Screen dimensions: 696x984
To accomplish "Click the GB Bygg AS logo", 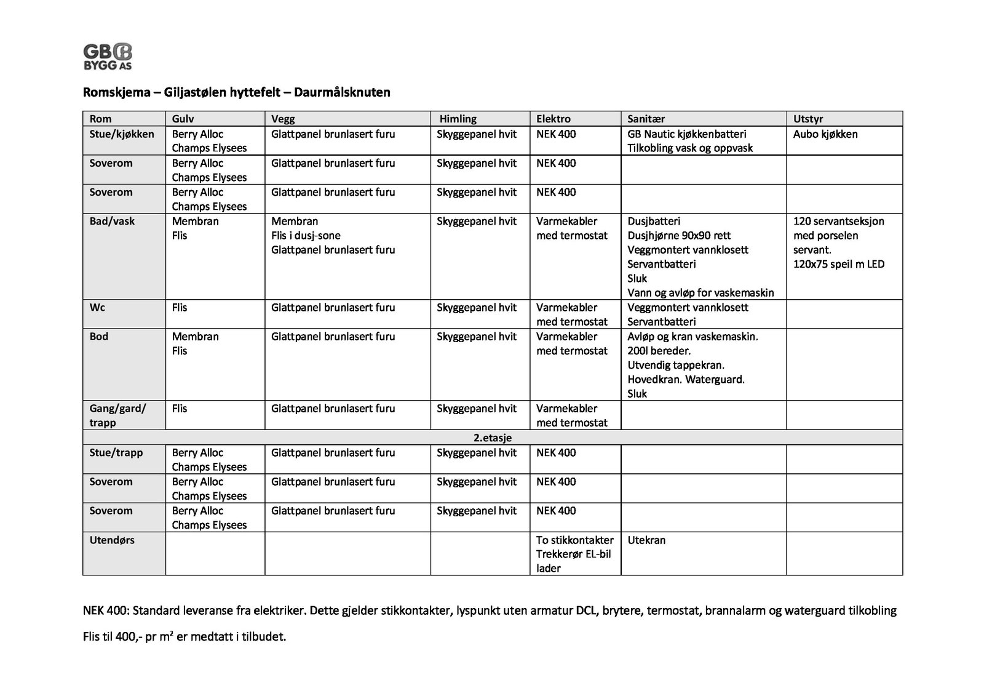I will click(x=108, y=57).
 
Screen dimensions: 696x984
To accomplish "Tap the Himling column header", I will click(x=458, y=119).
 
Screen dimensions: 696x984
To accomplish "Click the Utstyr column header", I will click(x=808, y=119).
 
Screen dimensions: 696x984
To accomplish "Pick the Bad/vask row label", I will click(x=112, y=221).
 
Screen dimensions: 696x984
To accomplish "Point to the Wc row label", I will click(x=97, y=307).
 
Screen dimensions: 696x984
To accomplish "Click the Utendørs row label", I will click(x=112, y=540).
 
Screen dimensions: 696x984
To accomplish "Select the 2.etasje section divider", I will click(x=493, y=438).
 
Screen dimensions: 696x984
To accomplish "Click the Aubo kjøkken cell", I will click(x=825, y=134).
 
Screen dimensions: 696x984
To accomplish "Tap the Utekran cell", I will click(x=646, y=540).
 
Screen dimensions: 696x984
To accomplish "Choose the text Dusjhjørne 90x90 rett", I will click(x=679, y=235).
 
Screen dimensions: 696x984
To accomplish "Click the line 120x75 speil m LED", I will click(x=839, y=264).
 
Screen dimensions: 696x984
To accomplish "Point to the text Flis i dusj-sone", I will click(x=306, y=235).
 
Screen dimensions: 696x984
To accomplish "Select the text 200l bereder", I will click(x=659, y=351).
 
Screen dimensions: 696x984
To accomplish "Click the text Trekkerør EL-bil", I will click(x=573, y=554).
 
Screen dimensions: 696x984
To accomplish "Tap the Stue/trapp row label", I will click(x=116, y=452).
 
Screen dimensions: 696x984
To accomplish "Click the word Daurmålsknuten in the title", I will click(x=342, y=92).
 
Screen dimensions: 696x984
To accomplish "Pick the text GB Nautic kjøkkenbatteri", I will click(x=686, y=134).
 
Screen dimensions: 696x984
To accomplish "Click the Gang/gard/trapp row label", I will click(x=117, y=415).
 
